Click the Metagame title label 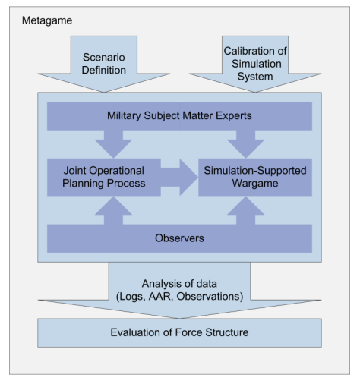point(47,20)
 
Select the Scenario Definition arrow point(104,64)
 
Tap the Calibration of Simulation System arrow point(255,64)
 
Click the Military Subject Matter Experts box point(179,116)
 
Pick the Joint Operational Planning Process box point(104,177)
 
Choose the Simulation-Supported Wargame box point(255,177)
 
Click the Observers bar point(179,238)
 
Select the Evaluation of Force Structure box point(179,332)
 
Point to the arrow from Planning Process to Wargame point(179,178)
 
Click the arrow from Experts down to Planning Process point(113,144)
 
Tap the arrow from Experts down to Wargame point(246,144)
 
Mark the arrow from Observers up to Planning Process point(113,210)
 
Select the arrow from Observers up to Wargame point(246,210)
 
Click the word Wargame point(255,184)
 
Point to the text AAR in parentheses point(159,296)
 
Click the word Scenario point(104,58)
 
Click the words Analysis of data point(179,284)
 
